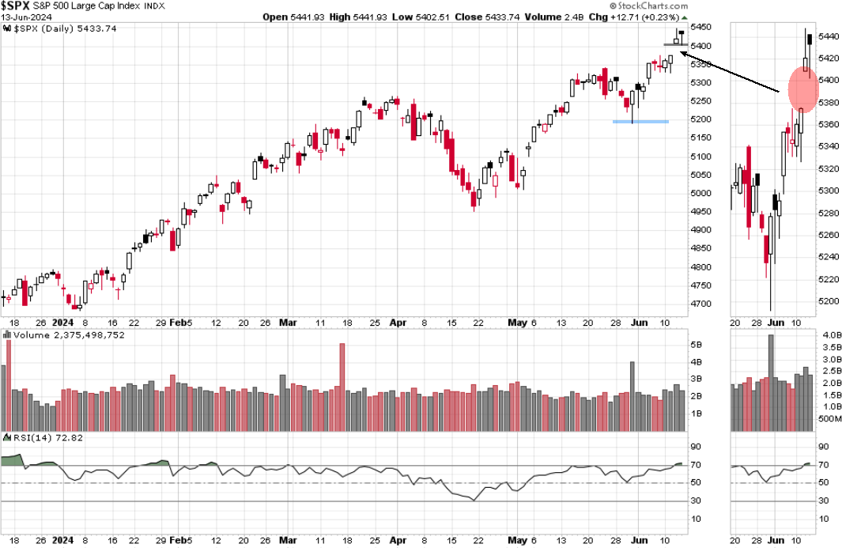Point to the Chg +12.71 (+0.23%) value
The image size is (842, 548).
click(654, 17)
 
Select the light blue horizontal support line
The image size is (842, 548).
click(640, 121)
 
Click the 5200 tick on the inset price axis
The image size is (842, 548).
click(829, 301)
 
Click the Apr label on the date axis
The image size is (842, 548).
click(398, 323)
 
